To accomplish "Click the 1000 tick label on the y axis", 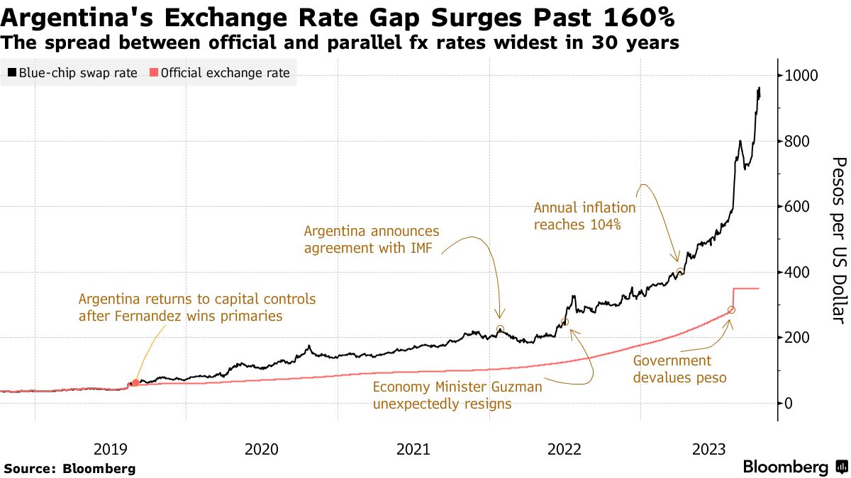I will (801, 76).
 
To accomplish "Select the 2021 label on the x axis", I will (413, 448).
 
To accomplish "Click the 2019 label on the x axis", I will (110, 448).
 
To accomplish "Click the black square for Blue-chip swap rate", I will (11, 73).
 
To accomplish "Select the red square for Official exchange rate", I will (153, 73).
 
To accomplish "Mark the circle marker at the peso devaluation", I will (731, 310).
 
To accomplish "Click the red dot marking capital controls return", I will (135, 382).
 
